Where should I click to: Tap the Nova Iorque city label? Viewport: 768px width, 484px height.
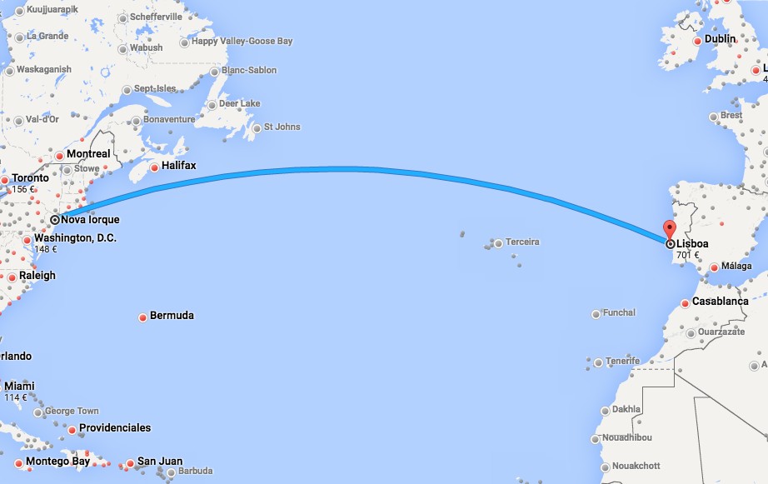pyautogui.click(x=90, y=220)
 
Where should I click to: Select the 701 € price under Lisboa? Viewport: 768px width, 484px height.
pyautogui.click(x=687, y=255)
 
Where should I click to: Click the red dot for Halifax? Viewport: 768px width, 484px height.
pyautogui.click(x=154, y=167)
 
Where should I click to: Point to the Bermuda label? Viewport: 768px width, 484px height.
pyautogui.click(x=172, y=316)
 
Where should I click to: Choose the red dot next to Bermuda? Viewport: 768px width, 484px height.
pyautogui.click(x=143, y=317)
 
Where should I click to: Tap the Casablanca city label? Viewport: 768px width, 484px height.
pyautogui.click(x=720, y=302)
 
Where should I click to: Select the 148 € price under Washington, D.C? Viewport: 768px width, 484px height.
pyautogui.click(x=45, y=249)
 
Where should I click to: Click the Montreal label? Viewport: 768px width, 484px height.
pyautogui.click(x=88, y=154)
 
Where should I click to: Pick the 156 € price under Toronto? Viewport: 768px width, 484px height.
pyautogui.click(x=23, y=189)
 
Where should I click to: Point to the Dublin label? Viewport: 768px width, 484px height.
pyautogui.click(x=721, y=38)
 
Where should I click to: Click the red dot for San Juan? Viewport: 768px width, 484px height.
pyautogui.click(x=130, y=462)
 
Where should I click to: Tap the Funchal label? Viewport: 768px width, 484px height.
pyautogui.click(x=619, y=313)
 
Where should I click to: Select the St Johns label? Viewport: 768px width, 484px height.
pyautogui.click(x=282, y=127)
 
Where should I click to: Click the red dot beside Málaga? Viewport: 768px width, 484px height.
pyautogui.click(x=714, y=267)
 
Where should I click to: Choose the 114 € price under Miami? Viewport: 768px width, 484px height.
pyautogui.click(x=16, y=397)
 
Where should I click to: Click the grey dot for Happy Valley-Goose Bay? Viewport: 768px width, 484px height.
pyautogui.click(x=185, y=42)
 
